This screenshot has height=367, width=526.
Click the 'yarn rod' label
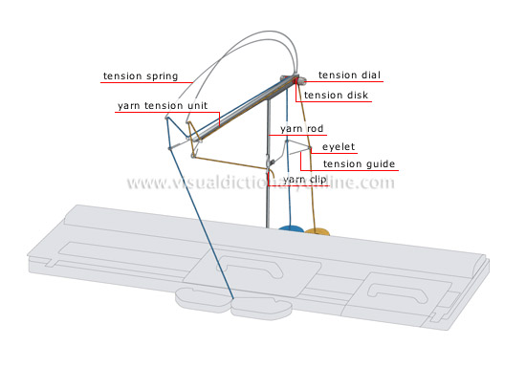point(301,129)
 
